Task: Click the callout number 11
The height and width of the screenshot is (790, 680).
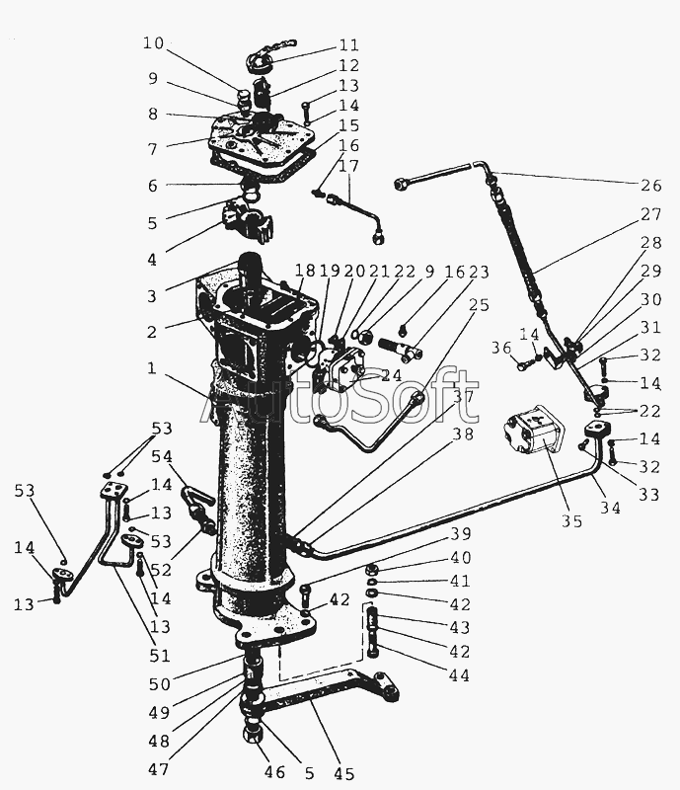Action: click(x=349, y=45)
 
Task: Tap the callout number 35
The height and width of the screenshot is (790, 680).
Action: click(x=571, y=521)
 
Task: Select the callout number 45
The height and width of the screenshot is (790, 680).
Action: click(x=344, y=773)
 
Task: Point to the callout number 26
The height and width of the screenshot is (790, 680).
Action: click(x=650, y=186)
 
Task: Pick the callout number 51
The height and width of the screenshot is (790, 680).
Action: click(x=160, y=656)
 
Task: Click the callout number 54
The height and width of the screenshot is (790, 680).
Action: click(x=162, y=456)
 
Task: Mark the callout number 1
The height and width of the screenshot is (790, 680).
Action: click(x=152, y=368)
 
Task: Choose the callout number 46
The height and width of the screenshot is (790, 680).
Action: click(x=274, y=772)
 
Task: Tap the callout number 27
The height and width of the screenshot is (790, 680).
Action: click(x=650, y=214)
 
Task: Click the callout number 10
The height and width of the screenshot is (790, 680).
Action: click(x=154, y=43)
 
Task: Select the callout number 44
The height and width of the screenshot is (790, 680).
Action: click(x=459, y=674)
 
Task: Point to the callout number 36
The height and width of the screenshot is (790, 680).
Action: click(x=501, y=348)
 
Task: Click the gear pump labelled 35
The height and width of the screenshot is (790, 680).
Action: click(x=535, y=432)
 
